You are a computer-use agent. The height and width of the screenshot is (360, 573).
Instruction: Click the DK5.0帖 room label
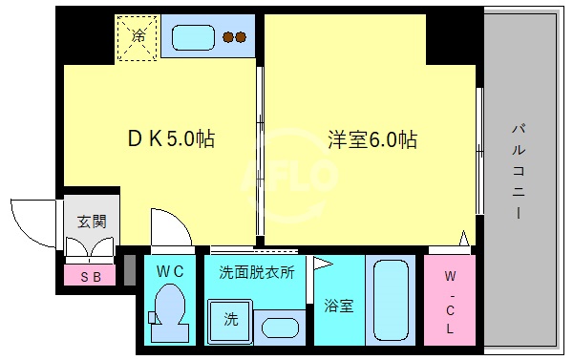pyautogui.click(x=171, y=139)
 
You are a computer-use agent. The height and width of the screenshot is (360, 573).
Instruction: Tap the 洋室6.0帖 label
pyautogui.click(x=372, y=139)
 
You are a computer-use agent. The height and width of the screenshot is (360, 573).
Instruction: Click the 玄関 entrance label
pyautogui.click(x=92, y=222)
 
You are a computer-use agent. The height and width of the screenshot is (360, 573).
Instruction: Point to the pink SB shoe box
pyautogui.click(x=91, y=276)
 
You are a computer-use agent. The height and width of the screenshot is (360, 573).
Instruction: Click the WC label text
pyautogui.click(x=170, y=271)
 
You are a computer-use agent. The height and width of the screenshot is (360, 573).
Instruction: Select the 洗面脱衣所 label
pyautogui.click(x=257, y=271)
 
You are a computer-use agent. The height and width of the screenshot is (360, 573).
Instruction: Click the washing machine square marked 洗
pyautogui.click(x=230, y=319)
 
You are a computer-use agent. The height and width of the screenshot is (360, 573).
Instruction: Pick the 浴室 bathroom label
pyautogui.click(x=338, y=306)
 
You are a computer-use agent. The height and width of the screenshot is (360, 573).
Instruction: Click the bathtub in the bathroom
pyautogui.click(x=392, y=300)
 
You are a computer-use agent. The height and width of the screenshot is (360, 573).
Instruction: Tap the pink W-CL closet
pyautogui.click(x=449, y=300)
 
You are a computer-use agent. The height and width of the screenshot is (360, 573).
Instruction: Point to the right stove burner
pyautogui.click(x=242, y=37)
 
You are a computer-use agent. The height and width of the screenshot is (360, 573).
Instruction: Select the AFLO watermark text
pyautogui.click(x=292, y=176)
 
